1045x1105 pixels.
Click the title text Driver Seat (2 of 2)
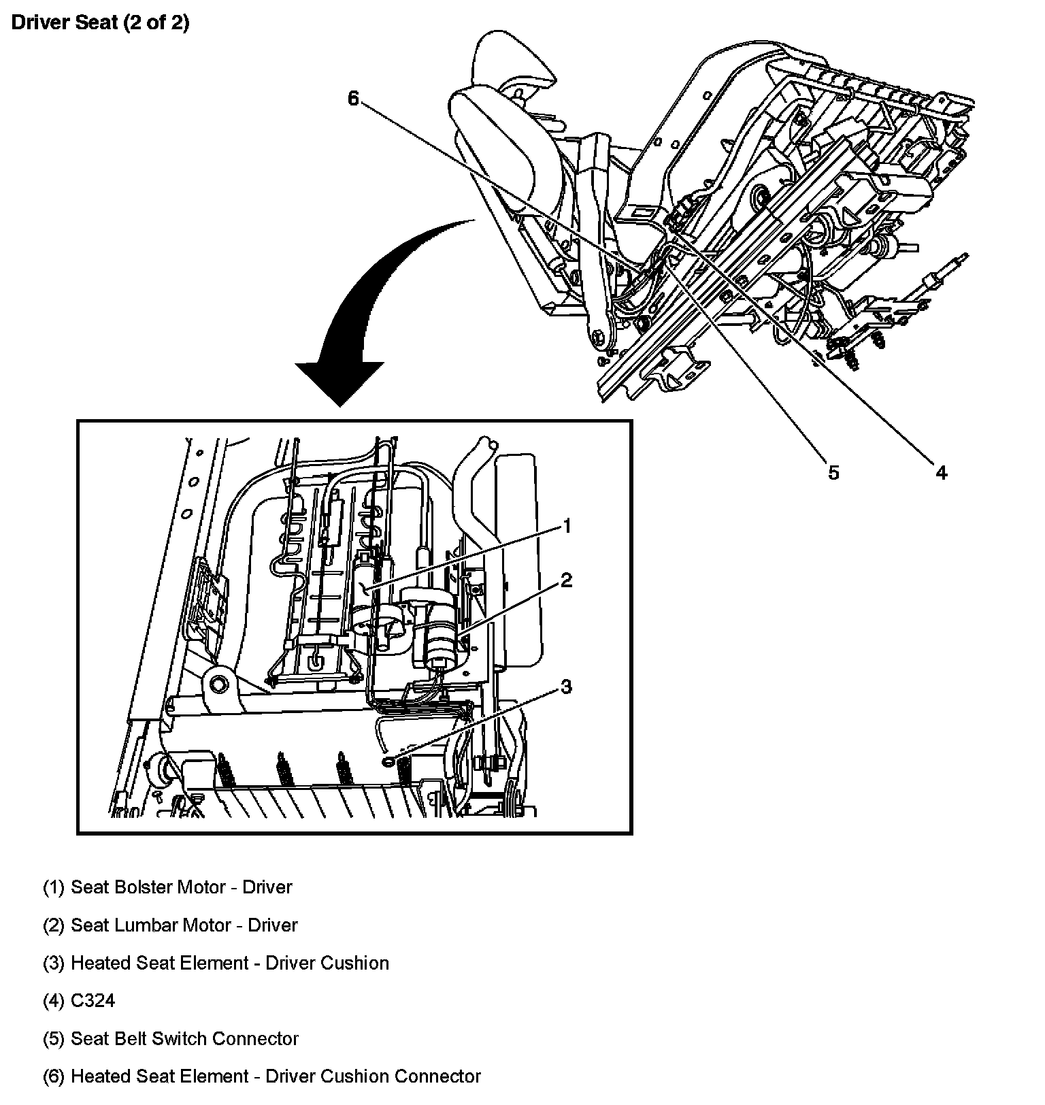pyautogui.click(x=101, y=23)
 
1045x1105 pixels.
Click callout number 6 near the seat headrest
pyautogui.click(x=353, y=99)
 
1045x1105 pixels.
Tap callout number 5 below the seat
pyautogui.click(x=833, y=472)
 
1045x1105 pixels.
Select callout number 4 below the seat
pyautogui.click(x=941, y=472)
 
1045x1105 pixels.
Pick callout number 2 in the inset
pyautogui.click(x=566, y=580)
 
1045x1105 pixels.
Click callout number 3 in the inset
pyautogui.click(x=566, y=687)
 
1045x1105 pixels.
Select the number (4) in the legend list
pyautogui.click(x=54, y=1001)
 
